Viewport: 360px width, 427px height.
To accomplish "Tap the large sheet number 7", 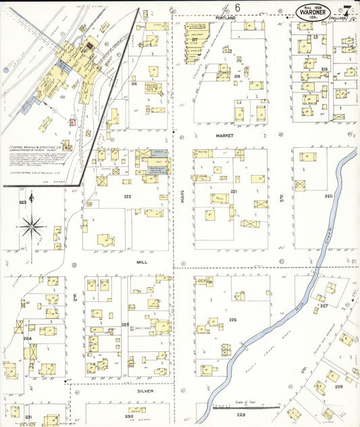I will [346, 11].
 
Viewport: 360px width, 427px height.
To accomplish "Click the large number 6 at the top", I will [237, 7].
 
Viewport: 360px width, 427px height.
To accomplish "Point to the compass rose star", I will [32, 226].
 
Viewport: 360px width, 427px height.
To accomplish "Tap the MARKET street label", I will [224, 135].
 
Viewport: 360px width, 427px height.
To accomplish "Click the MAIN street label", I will [182, 197].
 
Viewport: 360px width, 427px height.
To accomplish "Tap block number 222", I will [126, 196].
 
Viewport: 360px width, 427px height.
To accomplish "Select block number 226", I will [232, 320].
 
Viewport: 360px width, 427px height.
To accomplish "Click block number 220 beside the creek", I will [328, 196].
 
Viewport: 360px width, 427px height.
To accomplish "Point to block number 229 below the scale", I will [241, 415].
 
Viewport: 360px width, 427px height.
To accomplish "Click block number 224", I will [27, 338].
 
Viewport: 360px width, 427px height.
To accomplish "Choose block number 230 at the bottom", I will [128, 416].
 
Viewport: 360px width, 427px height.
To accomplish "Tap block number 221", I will [234, 192].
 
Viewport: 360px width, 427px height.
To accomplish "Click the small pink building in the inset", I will [72, 122].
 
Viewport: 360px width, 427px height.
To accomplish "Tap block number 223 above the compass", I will [22, 202].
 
